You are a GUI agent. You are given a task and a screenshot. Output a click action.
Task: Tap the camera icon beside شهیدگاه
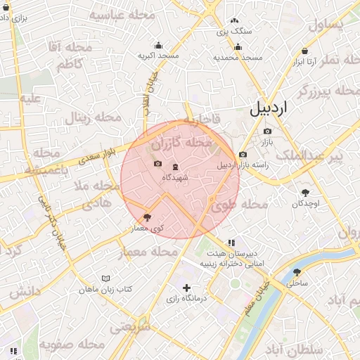coord(157,165)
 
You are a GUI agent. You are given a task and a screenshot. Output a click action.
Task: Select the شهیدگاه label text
coord(175,177)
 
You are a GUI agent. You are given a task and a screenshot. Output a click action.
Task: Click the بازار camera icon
coord(267,131)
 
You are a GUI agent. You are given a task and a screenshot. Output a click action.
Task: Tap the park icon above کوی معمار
coord(147,217)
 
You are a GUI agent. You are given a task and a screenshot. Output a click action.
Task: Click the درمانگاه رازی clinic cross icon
coord(186,288)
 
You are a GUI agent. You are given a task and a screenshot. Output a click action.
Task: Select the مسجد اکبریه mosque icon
coord(158,46)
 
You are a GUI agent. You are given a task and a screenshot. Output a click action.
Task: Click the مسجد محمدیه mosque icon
coord(238,47)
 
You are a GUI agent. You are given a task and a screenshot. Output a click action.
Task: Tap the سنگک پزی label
coord(233,31)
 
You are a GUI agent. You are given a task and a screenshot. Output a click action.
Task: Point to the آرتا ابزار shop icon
coord(304,51)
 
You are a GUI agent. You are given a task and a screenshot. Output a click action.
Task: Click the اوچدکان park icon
coord(305,193)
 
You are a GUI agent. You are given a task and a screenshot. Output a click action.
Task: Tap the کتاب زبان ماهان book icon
coord(105,279)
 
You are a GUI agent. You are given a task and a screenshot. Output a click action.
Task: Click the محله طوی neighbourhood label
coord(240,205)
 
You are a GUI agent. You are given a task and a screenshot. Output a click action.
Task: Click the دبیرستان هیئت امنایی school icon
coord(231,243)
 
